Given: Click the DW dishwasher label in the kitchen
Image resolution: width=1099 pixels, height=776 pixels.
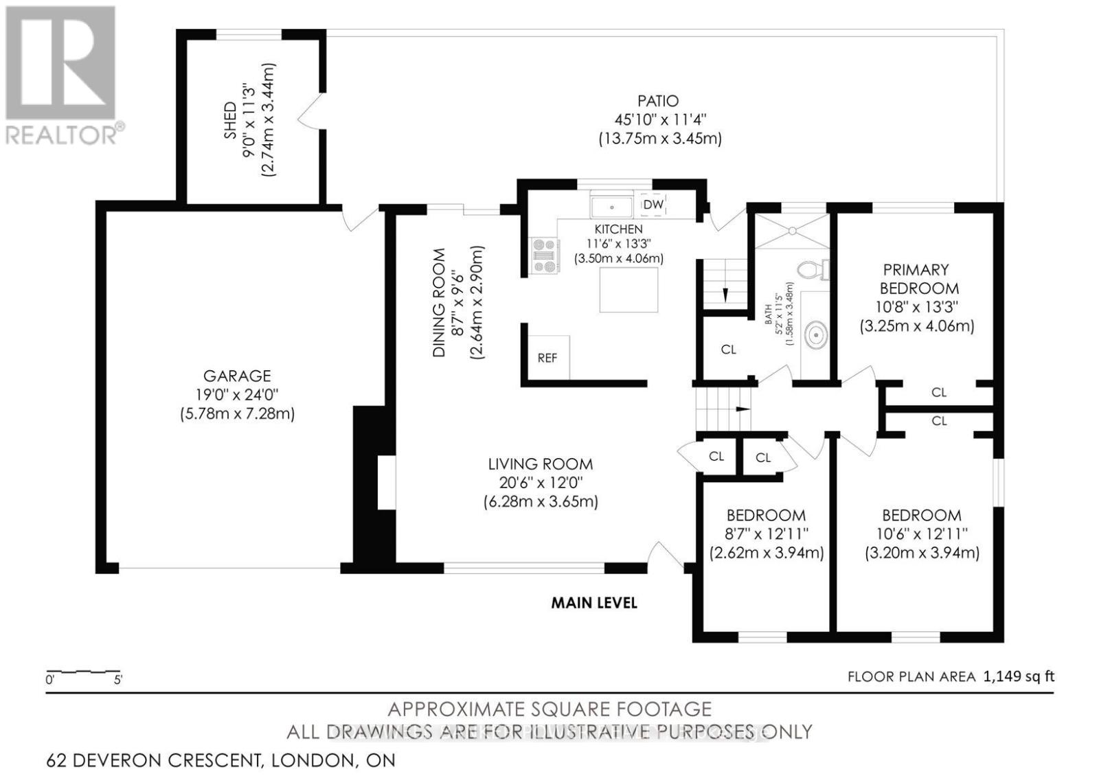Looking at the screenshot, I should pos(653,205).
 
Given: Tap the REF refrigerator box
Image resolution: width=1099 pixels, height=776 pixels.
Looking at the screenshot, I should pos(547,358).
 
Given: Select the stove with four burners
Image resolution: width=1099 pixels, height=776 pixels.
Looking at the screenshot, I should pos(545,255).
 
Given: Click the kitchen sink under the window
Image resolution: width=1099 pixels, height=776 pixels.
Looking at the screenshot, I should pos(611,206).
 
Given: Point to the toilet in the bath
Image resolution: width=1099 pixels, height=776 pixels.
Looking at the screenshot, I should pos(815,269).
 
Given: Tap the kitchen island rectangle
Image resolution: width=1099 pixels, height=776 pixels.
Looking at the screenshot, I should pos(628,290).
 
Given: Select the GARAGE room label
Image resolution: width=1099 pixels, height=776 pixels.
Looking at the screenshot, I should pos(236,376).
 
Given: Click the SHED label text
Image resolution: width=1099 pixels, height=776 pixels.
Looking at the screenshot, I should pos(230,120).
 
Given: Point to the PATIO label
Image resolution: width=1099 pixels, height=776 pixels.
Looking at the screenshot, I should pos(656,101).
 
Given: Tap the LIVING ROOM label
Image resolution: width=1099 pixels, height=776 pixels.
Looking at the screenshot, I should pos(540,464).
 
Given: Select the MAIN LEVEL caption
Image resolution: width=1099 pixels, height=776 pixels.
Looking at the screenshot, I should pos(594,603).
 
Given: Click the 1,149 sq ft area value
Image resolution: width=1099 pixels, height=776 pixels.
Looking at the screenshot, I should pos(1019,676).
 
